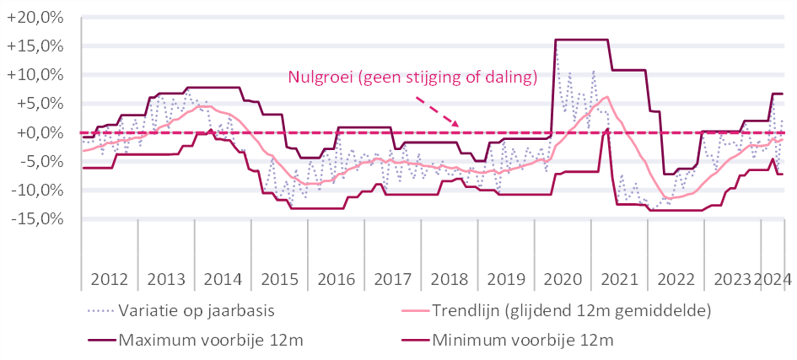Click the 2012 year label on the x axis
(x=109, y=279)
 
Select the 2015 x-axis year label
(x=280, y=279)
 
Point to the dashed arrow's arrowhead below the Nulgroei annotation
(x=455, y=125)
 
